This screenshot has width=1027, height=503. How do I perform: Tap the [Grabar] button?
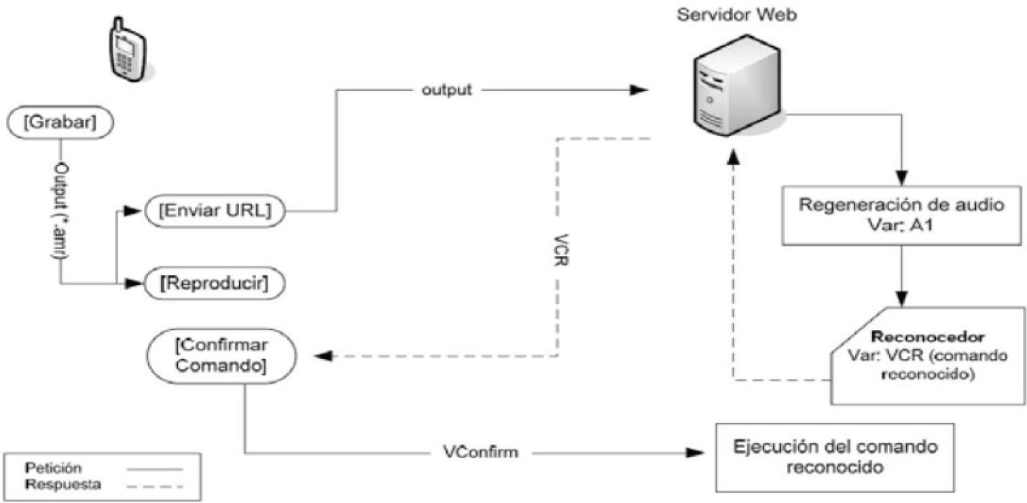(60, 124)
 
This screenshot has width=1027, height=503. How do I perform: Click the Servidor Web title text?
(738, 15)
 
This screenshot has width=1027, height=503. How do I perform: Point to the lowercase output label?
(447, 90)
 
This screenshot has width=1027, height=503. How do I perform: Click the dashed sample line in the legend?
(162, 485)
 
